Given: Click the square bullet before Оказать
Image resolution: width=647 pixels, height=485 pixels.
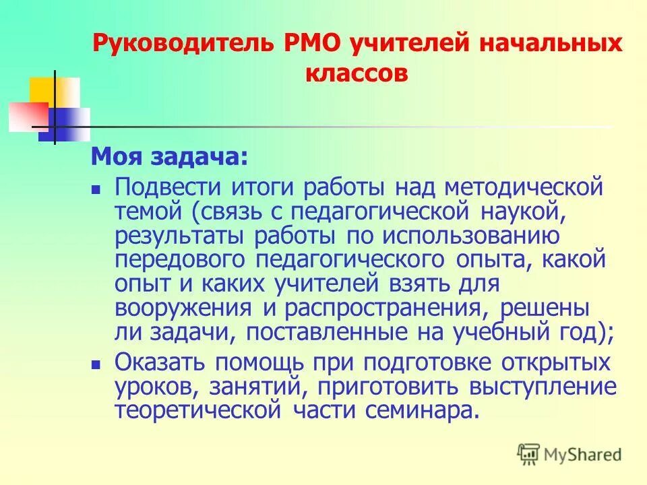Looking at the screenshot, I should click(x=96, y=364).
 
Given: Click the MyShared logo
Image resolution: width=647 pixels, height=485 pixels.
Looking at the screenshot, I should click(x=569, y=453).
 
